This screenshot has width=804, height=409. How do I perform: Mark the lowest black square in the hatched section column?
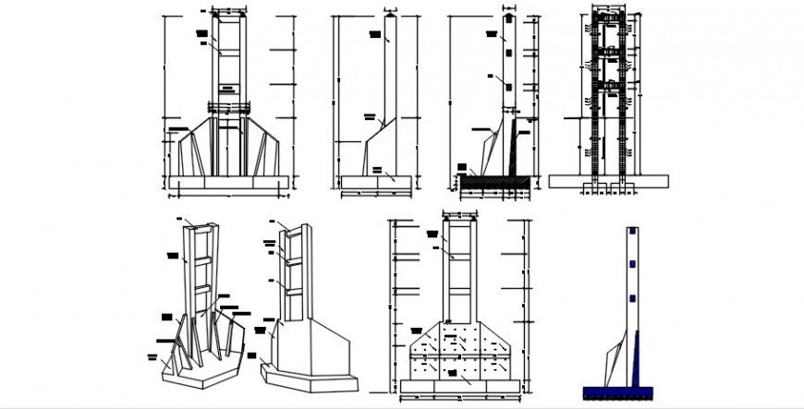tap(507, 86)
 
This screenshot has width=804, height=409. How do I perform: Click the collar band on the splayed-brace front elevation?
tap(227, 108)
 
